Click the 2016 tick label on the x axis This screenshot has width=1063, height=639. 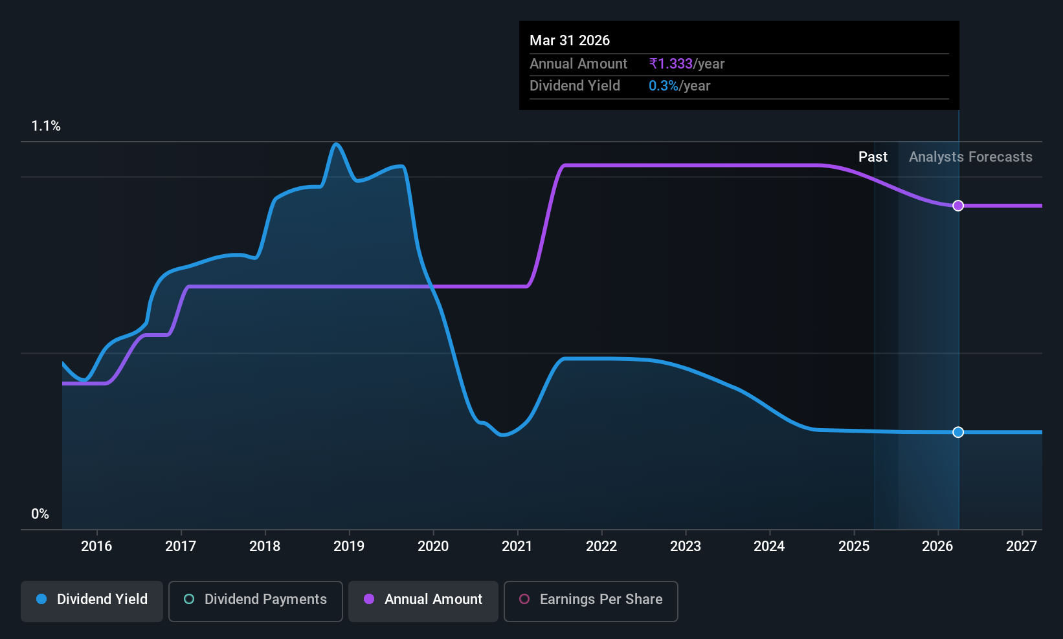point(96,546)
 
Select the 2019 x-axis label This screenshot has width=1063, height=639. point(349,546)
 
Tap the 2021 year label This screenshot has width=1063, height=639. point(517,546)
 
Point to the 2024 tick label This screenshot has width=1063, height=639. point(769,546)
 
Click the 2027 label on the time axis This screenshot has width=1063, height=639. point(1022,546)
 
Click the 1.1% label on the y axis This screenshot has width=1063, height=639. point(46,126)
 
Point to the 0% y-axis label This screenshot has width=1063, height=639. point(40,514)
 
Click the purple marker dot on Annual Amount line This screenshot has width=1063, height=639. point(958,206)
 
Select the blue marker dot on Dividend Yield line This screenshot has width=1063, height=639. point(958,432)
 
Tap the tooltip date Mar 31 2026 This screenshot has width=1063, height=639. point(570,40)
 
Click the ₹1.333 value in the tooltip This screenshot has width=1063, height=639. point(671,63)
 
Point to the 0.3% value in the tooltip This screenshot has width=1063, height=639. point(664,86)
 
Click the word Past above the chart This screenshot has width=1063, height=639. point(873,157)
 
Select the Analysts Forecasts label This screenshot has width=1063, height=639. point(970,157)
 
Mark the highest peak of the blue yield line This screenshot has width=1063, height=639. point(336,144)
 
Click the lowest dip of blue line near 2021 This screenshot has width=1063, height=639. point(503,435)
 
